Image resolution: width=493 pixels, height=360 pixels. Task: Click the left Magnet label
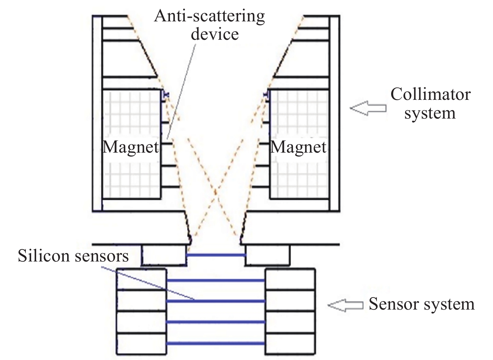tap(131, 147)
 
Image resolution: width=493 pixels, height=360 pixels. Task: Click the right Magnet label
tap(298, 147)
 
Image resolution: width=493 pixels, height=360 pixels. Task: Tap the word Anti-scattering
tap(209, 16)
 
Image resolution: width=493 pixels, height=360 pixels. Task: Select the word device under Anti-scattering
tap(215, 34)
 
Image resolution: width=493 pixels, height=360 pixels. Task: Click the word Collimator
tap(431, 95)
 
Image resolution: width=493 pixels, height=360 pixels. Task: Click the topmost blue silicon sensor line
tap(216, 255)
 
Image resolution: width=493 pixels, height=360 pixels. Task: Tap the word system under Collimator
tap(430, 113)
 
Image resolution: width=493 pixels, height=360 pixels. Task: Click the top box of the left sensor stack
tap(141, 280)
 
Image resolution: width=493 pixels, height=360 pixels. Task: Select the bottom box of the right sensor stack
tap(290, 344)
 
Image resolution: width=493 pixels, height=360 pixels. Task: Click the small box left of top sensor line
tap(163, 255)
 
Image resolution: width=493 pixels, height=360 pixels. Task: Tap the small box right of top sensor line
tap(268, 255)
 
